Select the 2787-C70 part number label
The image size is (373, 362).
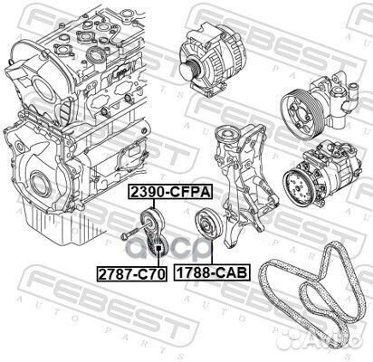click(x=132, y=271)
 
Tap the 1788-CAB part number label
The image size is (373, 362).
click(x=212, y=271)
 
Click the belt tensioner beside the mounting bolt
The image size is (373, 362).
click(x=152, y=230)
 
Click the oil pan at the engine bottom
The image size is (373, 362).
click(x=54, y=226)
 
